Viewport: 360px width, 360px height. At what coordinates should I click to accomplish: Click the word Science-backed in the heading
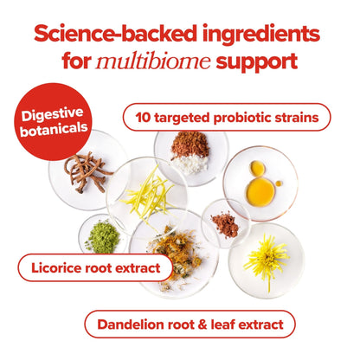(x=115, y=34)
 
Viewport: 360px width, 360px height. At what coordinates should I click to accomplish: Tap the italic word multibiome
(x=153, y=61)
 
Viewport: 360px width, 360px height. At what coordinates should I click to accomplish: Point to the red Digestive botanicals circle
(x=53, y=122)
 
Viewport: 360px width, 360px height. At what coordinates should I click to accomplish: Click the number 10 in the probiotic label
(x=143, y=118)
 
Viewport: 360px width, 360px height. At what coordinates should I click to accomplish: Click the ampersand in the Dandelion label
(x=202, y=325)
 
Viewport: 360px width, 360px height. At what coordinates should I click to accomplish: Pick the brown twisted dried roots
(x=87, y=171)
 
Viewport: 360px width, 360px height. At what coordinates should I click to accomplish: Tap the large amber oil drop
(x=260, y=192)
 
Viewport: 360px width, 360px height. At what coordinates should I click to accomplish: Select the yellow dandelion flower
(x=267, y=259)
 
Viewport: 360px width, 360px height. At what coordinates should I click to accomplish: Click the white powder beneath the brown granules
(x=190, y=164)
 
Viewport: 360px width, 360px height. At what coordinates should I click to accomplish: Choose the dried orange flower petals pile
(x=177, y=254)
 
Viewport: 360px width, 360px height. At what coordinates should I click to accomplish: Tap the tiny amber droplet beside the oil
(x=279, y=183)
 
